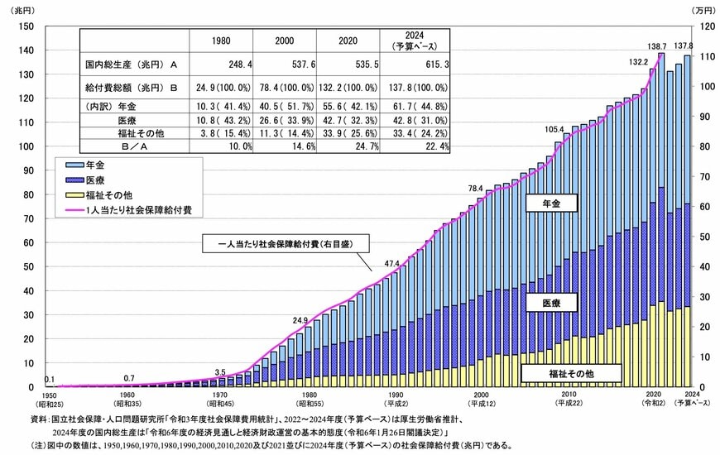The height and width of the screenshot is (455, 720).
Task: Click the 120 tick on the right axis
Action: point(700,26)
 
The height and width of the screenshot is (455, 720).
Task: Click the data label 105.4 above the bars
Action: point(554,129)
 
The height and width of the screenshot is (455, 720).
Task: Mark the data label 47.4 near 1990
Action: point(392,264)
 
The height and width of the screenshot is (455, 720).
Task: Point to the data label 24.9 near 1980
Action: point(300,318)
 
